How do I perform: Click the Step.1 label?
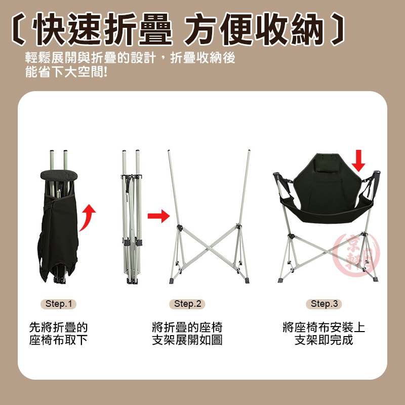58,304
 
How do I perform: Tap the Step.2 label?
187,304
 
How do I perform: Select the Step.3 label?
324,304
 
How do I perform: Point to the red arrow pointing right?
158,216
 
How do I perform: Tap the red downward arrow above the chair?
358,160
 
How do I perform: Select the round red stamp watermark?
356,255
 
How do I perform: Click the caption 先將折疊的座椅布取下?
58,334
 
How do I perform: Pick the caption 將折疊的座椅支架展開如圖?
187,334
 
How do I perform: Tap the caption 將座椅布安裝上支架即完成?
324,334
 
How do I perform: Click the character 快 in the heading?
48,29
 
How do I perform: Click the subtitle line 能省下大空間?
66,72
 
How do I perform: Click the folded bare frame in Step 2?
132,217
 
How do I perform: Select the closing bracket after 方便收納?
337,29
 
